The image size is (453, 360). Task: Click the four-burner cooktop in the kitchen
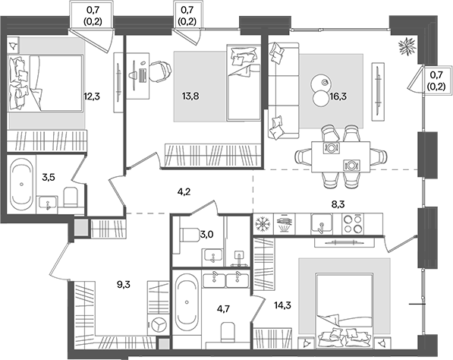pos(353,224)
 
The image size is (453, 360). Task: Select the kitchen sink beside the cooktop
pos(320,223)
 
